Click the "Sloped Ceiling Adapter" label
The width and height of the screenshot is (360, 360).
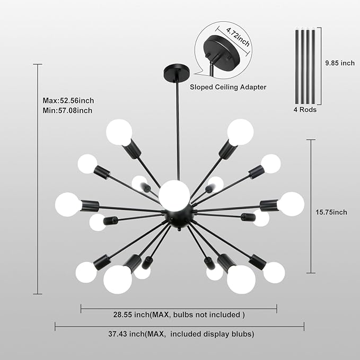(x=228, y=87)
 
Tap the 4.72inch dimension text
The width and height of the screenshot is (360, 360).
(x=238, y=37)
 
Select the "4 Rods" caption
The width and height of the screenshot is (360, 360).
(x=305, y=110)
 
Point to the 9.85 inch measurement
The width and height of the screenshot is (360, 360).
(x=340, y=63)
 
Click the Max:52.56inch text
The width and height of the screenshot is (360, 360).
(x=68, y=101)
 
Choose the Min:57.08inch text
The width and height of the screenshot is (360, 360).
(x=67, y=110)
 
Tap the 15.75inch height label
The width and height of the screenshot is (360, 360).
(x=331, y=212)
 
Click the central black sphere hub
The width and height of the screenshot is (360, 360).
(x=179, y=216)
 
